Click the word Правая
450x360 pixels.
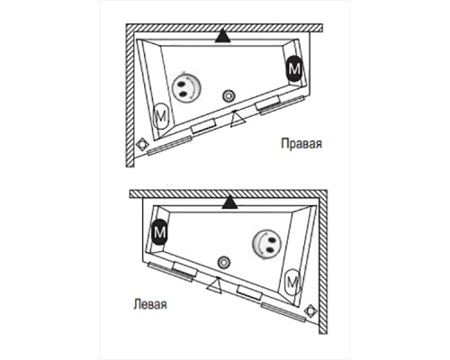tap(301, 143)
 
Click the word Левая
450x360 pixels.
tap(149, 304)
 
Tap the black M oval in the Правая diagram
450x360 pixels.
tap(294, 68)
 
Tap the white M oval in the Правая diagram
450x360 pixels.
tap(161, 116)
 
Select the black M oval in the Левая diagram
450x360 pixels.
tap(159, 232)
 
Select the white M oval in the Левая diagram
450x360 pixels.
tap(292, 282)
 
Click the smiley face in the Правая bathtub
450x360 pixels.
tap(184, 87)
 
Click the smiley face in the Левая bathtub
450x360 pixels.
tap(266, 243)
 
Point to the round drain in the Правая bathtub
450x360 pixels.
tap(229, 96)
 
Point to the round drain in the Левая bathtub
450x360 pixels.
tap(224, 263)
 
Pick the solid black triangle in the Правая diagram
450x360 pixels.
tap(222, 38)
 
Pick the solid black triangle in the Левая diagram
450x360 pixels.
tap(229, 203)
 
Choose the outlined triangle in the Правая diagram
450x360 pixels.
tap(238, 120)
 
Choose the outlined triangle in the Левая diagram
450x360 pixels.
tap(215, 286)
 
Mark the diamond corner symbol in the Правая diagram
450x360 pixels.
tap(142, 144)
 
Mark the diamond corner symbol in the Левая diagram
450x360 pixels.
tap(310, 310)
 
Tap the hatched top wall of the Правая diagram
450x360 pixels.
tap(224, 28)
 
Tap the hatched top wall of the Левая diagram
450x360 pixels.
tap(229, 193)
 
